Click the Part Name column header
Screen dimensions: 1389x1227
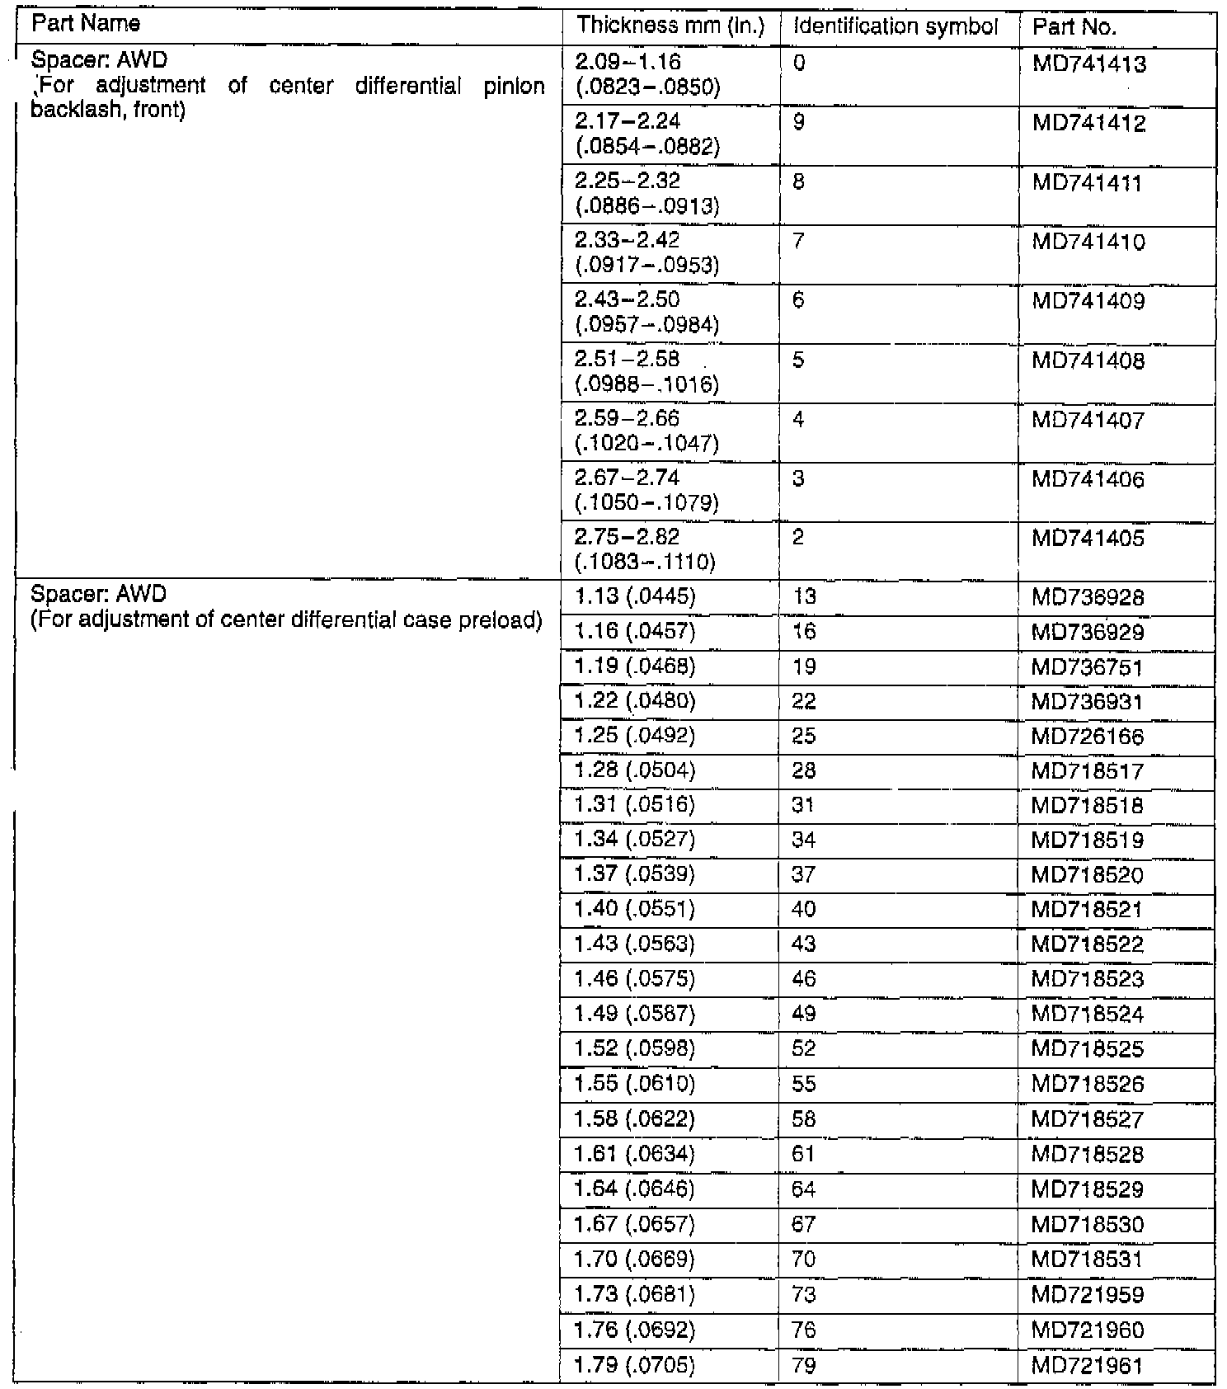[x=85, y=24]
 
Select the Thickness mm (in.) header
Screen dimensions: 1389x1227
[x=670, y=26]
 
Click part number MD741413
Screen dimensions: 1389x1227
[x=1088, y=64]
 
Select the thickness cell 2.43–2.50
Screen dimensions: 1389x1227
[x=628, y=300]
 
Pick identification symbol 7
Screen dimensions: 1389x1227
[x=797, y=242]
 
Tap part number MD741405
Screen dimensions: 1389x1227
[x=1088, y=539]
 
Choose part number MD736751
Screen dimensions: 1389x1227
[x=1088, y=667]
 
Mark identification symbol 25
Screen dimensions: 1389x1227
[x=803, y=736]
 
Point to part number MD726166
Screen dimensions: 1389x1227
[x=1088, y=737]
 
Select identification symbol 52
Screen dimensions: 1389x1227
[x=803, y=1048]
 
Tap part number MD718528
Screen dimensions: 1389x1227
[x=1088, y=1154]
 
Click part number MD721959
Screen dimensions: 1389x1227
[x=1088, y=1295]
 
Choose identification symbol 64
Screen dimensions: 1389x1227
[x=803, y=1189]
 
